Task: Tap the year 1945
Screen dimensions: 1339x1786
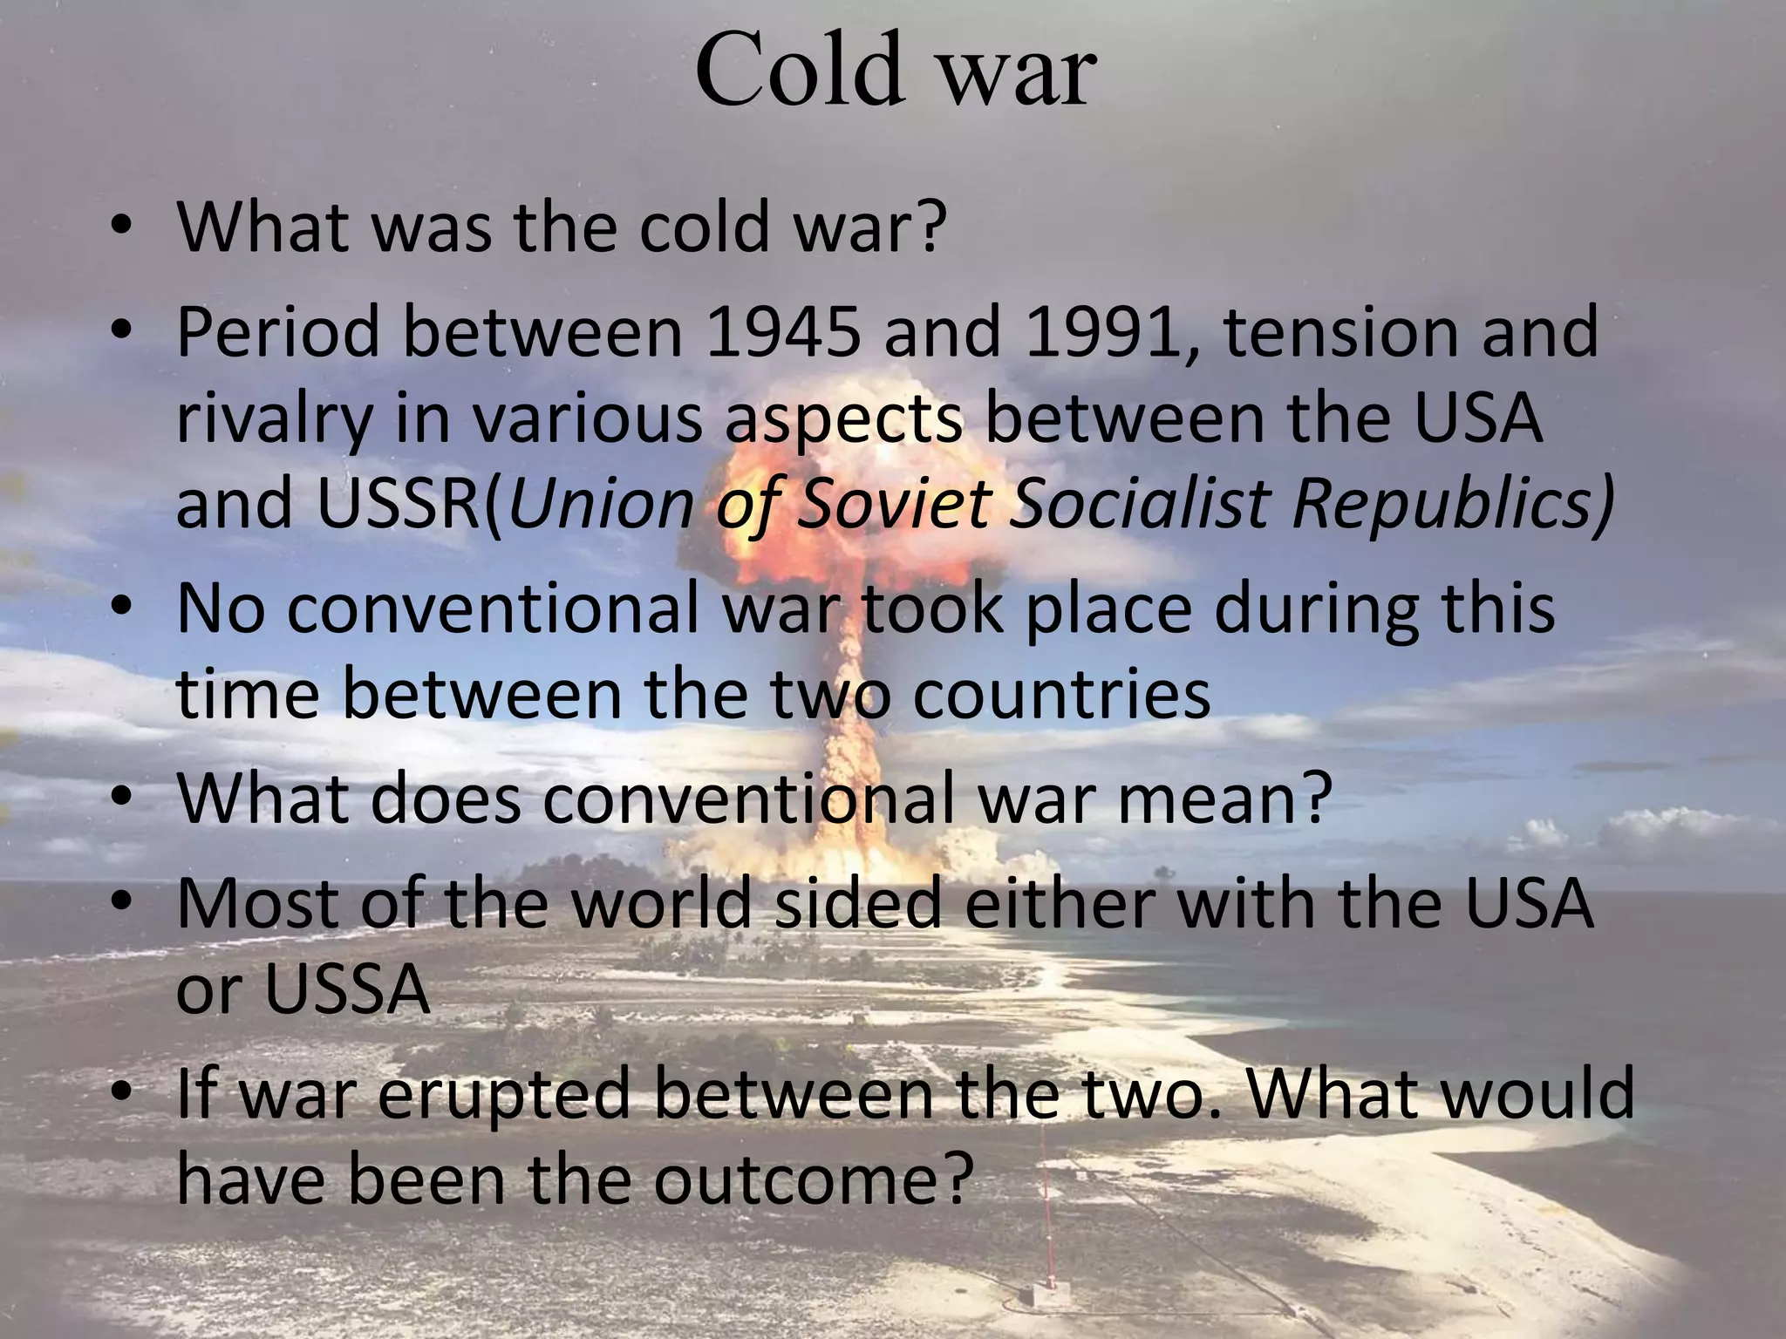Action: [782, 332]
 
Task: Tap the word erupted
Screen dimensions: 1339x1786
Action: [503, 1093]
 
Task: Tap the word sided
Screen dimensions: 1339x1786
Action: [858, 903]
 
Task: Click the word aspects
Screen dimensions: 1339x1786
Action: [843, 419]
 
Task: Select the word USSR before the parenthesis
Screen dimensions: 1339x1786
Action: [398, 505]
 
